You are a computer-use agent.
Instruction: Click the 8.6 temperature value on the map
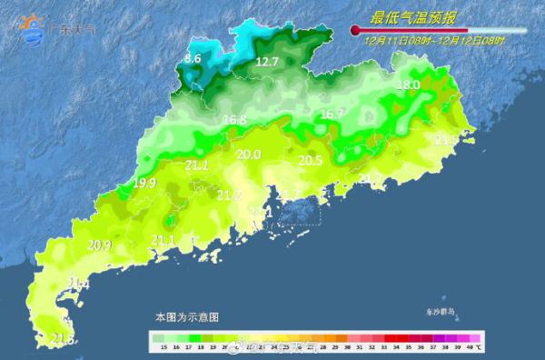193,59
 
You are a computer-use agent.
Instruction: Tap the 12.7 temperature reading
266,62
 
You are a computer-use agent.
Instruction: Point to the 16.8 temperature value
234,120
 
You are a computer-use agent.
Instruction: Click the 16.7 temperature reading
332,115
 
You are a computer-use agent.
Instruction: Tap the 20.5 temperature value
311,160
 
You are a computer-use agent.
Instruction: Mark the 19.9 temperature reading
144,183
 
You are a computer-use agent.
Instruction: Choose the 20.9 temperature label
99,245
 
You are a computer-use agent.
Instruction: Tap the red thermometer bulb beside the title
355,31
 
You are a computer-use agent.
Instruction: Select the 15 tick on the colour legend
163,348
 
